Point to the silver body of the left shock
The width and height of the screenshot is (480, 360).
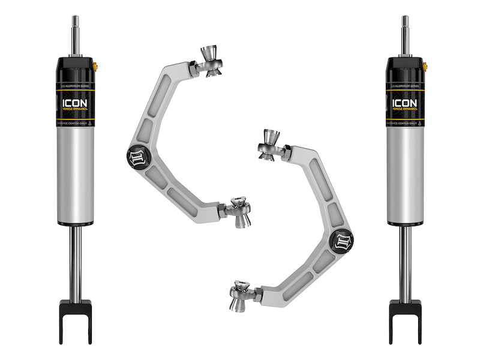75,174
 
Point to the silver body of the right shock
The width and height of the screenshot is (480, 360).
405,174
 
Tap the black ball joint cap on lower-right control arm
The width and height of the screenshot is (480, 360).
344,241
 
